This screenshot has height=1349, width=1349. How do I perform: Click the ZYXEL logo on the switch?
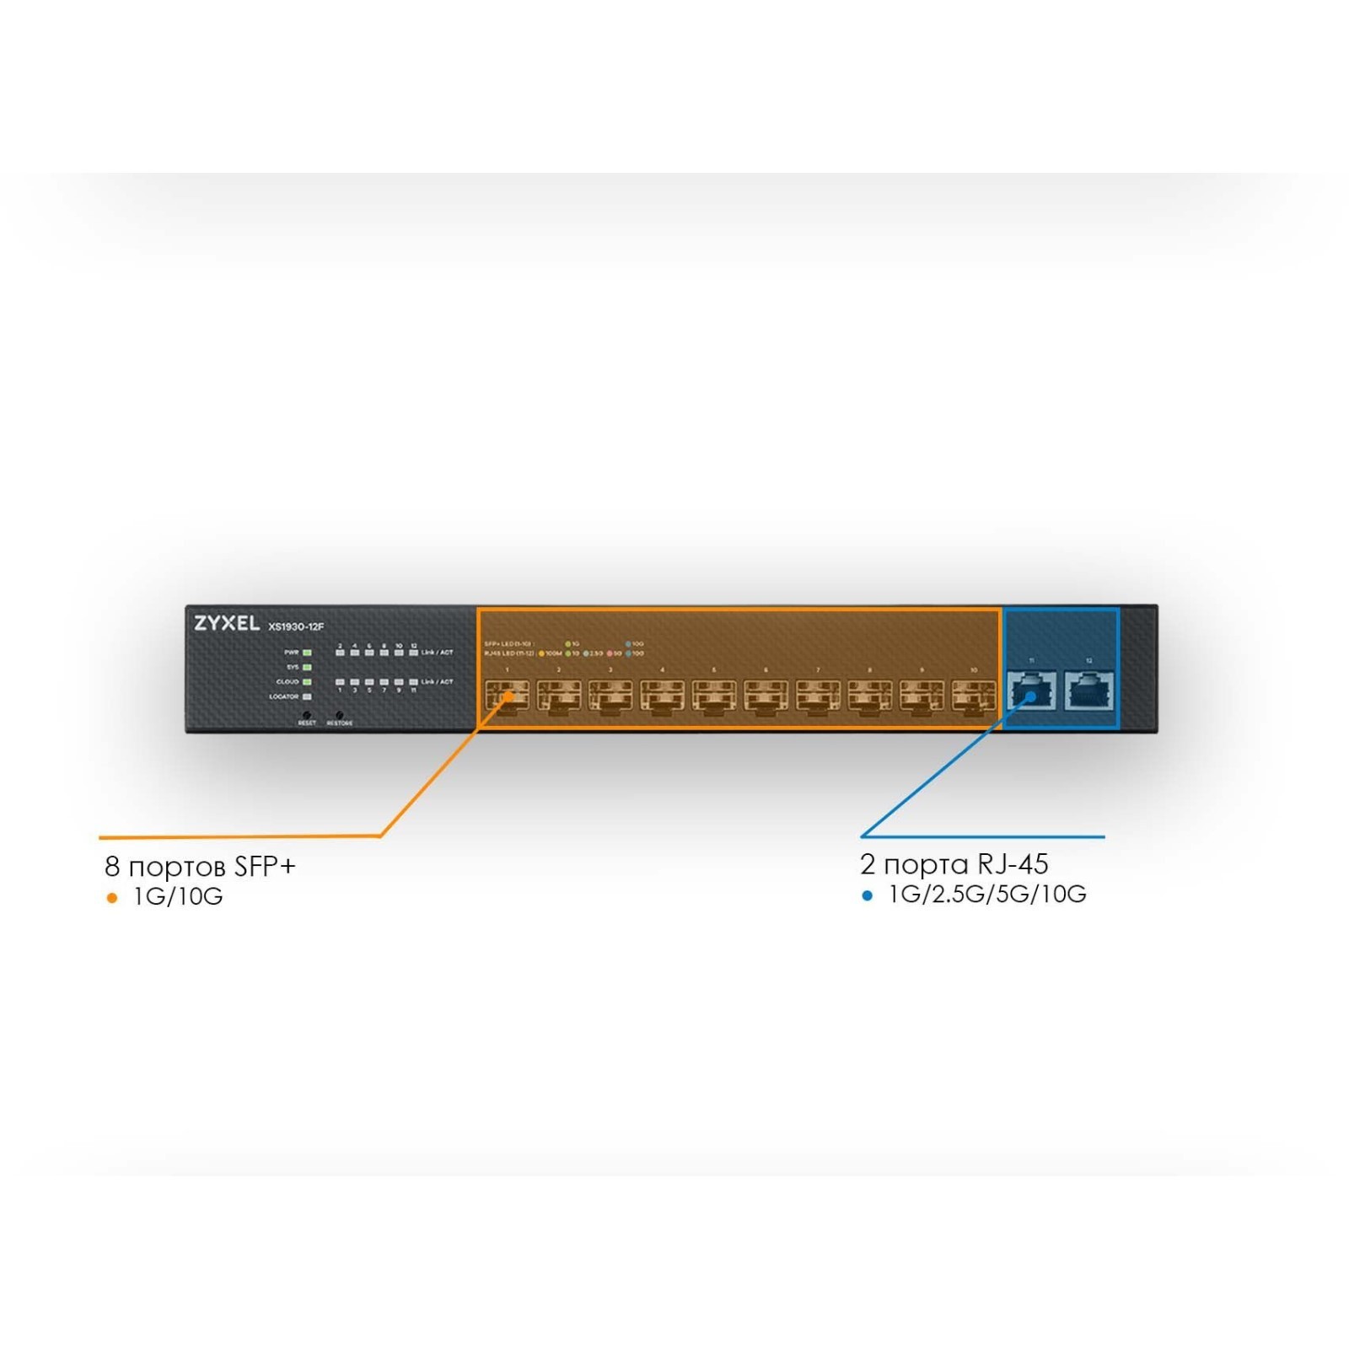227,624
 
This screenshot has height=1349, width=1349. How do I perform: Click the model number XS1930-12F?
296,626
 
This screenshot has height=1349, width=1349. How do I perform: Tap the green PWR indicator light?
307,653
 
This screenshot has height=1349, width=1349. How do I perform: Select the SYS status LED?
307,667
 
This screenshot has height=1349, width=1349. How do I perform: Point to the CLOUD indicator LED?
307,681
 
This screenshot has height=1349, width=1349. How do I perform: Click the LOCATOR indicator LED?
307,696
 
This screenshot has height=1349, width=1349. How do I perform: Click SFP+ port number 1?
507,696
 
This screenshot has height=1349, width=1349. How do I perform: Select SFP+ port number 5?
714,696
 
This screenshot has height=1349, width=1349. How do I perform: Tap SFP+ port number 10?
973,696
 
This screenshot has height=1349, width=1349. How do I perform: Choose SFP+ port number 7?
818,696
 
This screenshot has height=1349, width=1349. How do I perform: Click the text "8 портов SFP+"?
200,866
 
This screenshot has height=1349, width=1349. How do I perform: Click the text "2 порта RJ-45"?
954,864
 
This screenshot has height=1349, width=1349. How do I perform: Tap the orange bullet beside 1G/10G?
112,898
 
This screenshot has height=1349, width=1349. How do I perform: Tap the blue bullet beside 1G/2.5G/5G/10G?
867,895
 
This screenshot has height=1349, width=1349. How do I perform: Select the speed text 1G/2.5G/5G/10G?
987,895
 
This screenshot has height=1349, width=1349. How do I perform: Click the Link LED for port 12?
413,653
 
